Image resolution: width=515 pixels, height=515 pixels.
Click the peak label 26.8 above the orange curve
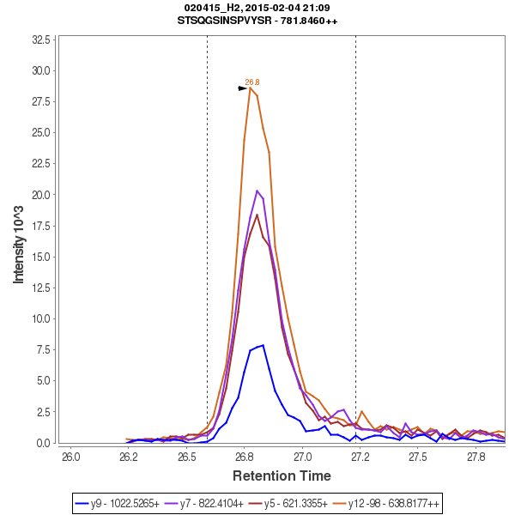[x=251, y=82]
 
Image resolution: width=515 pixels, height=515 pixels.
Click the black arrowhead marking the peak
[x=243, y=88]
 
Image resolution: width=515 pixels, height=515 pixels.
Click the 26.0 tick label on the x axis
[x=70, y=456]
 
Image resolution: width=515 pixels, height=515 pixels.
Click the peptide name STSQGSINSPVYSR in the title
[x=224, y=21]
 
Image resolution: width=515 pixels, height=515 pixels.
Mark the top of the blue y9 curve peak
[x=263, y=345]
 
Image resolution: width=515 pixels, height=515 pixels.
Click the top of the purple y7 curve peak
[x=257, y=191]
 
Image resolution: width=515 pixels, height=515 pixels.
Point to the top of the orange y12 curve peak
[x=250, y=88]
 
